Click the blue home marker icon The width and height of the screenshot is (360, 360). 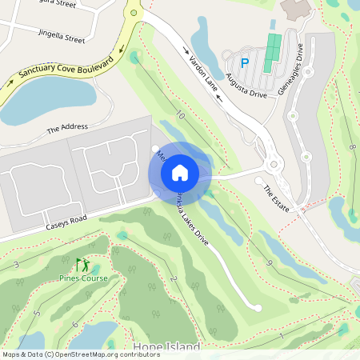[180, 172]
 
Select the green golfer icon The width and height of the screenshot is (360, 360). [82, 264]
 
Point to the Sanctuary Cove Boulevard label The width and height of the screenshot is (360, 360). [63, 70]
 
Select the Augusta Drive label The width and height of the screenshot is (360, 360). [246, 82]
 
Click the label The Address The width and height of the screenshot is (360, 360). [67, 128]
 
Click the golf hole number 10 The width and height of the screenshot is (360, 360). [180, 116]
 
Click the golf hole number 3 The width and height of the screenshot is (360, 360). [16, 264]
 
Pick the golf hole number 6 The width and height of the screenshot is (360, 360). [74, 324]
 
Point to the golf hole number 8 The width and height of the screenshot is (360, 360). [351, 148]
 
